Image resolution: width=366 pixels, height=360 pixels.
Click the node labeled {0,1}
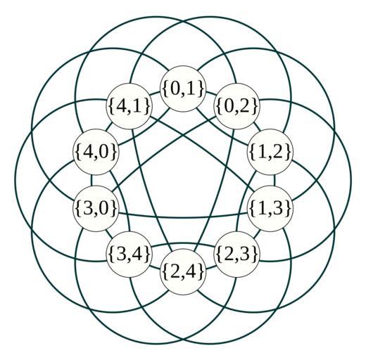pos(183,89)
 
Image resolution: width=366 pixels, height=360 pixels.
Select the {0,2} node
pos(236,106)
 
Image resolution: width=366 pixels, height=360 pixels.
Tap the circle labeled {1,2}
pos(270,152)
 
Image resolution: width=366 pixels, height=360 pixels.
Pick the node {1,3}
pos(270,208)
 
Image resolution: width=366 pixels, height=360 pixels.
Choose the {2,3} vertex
pos(236,254)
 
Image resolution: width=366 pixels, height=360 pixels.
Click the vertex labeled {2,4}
pos(183,271)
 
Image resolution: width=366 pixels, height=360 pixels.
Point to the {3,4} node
pos(130,254)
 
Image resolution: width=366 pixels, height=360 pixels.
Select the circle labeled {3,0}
pos(96,208)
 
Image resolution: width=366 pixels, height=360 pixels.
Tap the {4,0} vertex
pos(96,152)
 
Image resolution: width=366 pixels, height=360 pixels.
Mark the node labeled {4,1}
pos(130,106)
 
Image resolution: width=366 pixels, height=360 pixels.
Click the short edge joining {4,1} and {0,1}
pos(156,93)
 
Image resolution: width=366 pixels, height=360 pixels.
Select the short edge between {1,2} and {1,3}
pos(274,180)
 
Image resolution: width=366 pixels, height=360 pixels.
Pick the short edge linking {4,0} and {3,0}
pos(91,180)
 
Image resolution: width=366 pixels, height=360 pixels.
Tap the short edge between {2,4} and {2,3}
pos(210,267)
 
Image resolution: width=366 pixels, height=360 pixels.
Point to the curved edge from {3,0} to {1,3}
pos(183,217)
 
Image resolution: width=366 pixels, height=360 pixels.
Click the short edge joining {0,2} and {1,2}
pos(257,127)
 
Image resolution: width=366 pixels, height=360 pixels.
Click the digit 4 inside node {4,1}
pos(122,106)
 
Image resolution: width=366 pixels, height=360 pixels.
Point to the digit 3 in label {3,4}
pos(122,255)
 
